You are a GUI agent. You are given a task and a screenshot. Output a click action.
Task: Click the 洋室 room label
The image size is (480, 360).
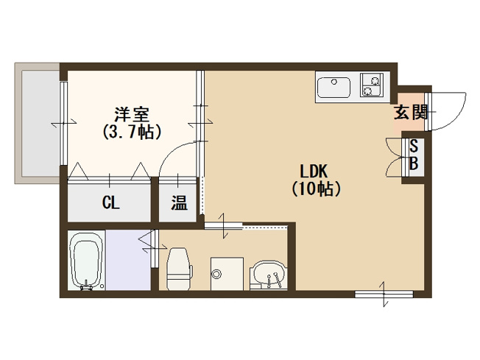coord(133,115)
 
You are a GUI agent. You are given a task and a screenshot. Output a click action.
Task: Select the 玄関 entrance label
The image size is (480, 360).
coord(410,113)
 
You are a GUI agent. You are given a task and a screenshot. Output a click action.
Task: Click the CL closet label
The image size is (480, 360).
coord(110,202)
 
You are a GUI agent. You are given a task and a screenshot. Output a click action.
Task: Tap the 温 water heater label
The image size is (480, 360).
coord(179,203)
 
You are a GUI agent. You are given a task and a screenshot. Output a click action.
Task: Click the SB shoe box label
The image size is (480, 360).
coord(413,155)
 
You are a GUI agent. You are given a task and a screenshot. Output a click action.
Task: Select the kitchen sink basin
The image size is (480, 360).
coord(336,88)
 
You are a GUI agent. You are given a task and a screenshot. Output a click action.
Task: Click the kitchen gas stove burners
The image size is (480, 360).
coord(371,85)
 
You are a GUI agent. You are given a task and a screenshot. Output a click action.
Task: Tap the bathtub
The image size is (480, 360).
coord(87,261)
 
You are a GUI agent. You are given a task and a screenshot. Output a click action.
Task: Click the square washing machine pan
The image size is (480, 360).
coord(225,272)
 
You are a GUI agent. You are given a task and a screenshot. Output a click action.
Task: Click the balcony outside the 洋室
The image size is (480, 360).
coord(37,121)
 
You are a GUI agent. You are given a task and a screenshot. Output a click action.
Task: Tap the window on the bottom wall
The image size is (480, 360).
coord(384,294)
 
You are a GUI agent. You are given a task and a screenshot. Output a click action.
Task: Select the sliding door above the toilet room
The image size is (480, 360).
coord(224,227)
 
